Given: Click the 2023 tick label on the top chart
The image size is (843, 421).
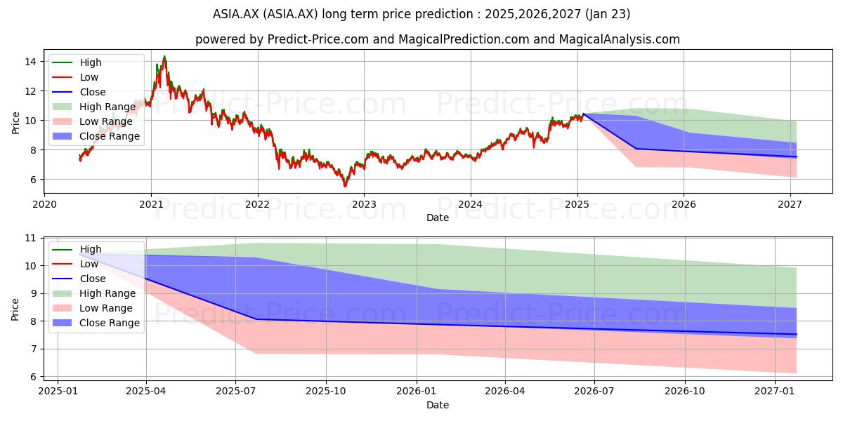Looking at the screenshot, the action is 364,204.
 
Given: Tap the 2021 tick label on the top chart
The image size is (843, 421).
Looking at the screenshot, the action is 151,204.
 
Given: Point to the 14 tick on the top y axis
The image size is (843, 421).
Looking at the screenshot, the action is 30,62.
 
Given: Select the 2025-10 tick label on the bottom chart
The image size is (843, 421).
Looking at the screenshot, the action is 326,392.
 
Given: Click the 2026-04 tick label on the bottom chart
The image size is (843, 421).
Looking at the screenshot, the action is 505,392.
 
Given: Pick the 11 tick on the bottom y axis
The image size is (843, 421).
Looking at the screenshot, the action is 30,238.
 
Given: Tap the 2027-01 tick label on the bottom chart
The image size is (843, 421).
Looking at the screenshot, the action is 775,392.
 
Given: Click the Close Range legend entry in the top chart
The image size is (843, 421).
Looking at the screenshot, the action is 96,136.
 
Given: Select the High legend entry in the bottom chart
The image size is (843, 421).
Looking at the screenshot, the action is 77,249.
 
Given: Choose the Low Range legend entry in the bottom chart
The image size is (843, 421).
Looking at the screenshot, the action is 93,308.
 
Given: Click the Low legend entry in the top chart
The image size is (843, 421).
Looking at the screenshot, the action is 75,77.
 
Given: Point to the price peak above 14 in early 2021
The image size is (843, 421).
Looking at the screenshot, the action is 164,56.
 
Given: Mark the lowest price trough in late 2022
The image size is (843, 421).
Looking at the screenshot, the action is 345,186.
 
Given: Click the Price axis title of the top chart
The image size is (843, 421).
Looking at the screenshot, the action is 15,123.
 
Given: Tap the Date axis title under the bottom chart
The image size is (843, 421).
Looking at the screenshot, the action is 438,406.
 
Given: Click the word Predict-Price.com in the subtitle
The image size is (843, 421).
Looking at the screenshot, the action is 318,39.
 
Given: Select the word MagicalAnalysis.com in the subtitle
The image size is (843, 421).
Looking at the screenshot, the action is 620,39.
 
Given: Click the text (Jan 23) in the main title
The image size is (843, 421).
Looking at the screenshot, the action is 608,14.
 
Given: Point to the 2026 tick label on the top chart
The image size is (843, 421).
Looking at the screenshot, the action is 684,204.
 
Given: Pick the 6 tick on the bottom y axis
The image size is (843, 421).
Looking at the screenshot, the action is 33,377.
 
